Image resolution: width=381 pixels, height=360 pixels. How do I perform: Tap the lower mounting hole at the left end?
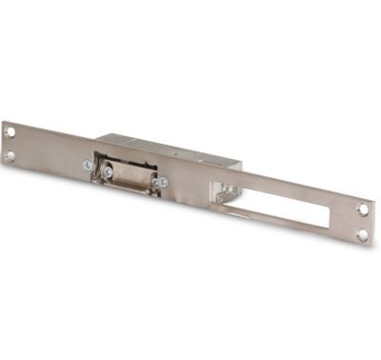pyautogui.click(x=10, y=156)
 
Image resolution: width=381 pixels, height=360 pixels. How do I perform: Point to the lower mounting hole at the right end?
pyautogui.click(x=361, y=233)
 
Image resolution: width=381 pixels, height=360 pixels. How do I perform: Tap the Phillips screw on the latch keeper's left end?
pyautogui.click(x=108, y=171)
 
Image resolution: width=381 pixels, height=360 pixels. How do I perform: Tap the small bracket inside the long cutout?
pyautogui.click(x=223, y=194)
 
